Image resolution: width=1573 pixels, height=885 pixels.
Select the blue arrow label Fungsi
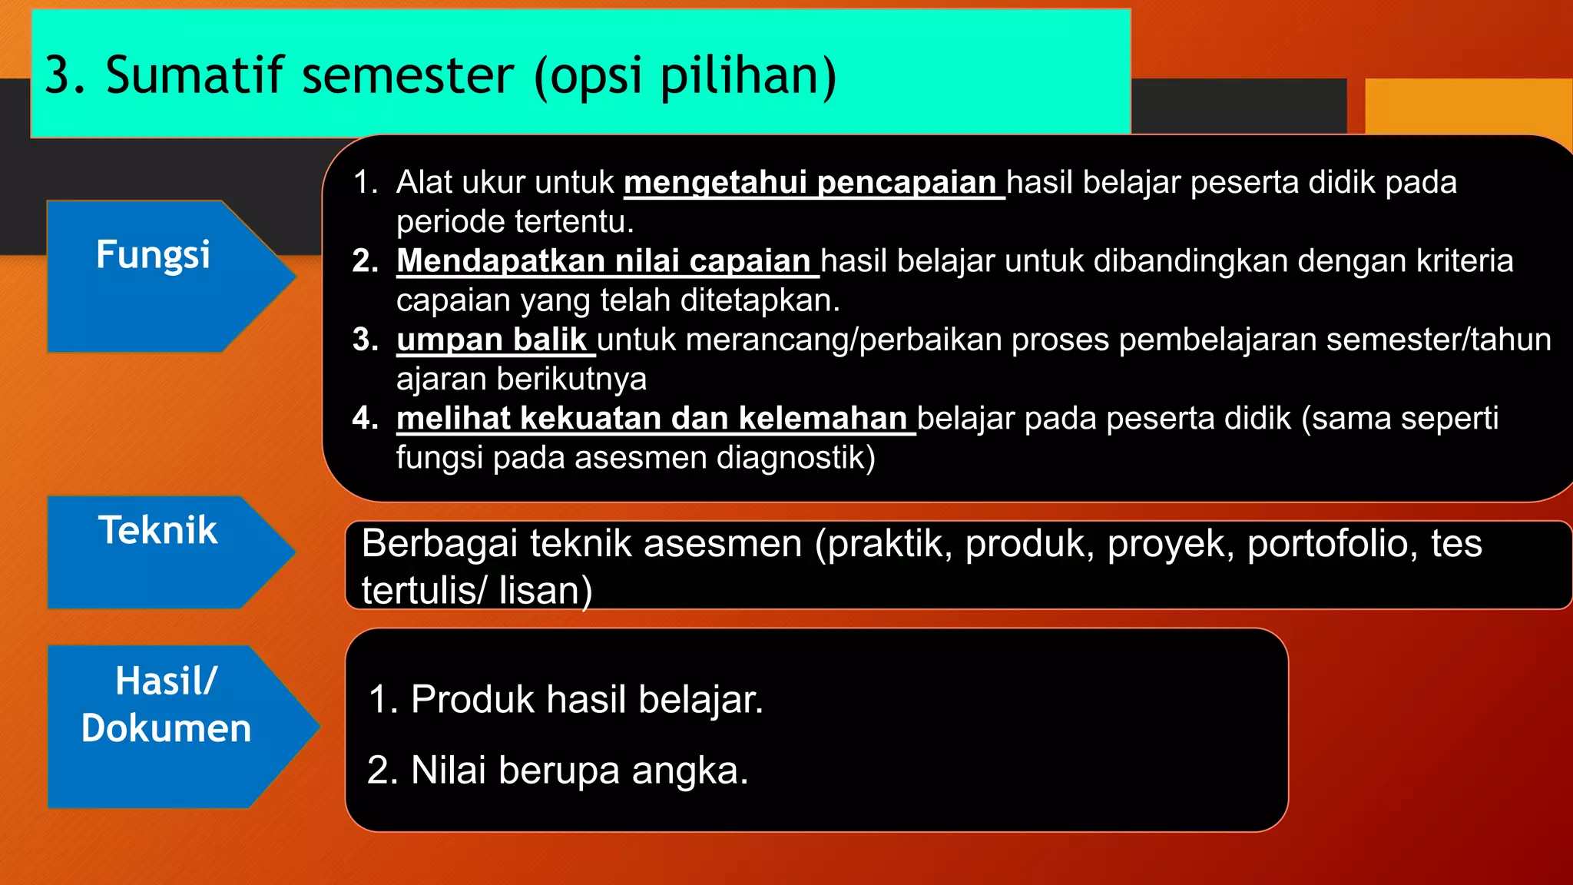click(x=153, y=254)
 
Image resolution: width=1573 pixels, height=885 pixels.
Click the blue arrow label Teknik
click(x=157, y=530)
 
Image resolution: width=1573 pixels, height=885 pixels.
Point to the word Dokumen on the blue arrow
click(x=167, y=728)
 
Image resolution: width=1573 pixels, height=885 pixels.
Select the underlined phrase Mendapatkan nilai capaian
click(x=604, y=261)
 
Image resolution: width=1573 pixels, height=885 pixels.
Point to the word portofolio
click(x=1332, y=545)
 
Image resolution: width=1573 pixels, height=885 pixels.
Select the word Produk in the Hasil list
click(x=472, y=700)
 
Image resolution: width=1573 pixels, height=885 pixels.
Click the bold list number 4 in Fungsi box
click(x=364, y=419)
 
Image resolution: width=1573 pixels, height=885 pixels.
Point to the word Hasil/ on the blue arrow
click(x=167, y=681)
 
